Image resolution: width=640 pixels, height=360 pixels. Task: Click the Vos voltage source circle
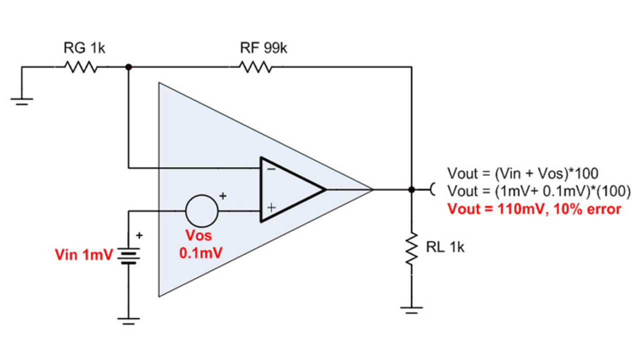(201, 210)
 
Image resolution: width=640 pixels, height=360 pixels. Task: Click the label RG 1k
(84, 48)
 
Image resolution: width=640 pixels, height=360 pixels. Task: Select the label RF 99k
(263, 48)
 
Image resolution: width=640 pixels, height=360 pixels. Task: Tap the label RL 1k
(445, 247)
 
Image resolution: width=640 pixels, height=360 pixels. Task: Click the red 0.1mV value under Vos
(200, 252)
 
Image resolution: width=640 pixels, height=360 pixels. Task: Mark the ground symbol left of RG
(21, 100)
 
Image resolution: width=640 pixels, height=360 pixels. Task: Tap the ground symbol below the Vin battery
(128, 320)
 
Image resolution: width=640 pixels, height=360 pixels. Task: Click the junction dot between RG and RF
(128, 66)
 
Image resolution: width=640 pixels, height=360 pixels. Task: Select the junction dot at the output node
(411, 189)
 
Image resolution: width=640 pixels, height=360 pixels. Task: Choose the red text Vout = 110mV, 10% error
(534, 208)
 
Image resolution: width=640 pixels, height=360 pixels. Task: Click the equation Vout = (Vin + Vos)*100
(523, 173)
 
